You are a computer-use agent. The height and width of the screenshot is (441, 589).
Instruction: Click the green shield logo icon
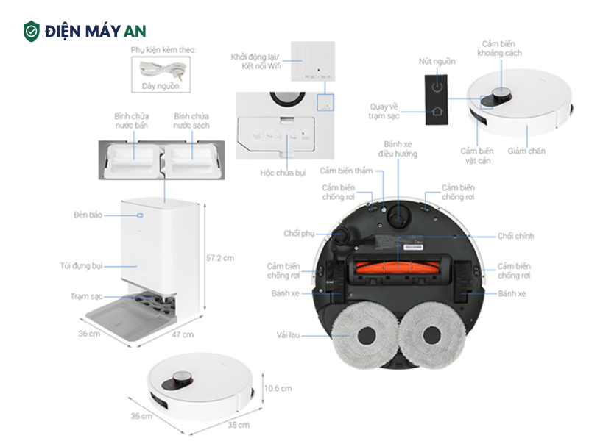(31, 31)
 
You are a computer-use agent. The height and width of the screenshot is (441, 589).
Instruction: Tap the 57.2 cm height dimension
(220, 258)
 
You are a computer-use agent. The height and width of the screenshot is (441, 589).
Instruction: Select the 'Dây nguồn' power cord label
(161, 86)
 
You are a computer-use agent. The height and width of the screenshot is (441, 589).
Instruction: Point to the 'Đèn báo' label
(88, 215)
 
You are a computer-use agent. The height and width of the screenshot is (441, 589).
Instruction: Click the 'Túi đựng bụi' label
(81, 265)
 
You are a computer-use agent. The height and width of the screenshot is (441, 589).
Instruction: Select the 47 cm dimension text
(183, 334)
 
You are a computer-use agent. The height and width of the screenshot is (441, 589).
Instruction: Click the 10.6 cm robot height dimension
(278, 388)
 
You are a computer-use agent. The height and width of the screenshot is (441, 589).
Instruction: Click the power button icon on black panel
(437, 86)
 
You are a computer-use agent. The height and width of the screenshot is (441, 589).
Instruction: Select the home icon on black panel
(437, 112)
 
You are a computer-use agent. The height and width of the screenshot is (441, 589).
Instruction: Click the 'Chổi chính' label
(515, 236)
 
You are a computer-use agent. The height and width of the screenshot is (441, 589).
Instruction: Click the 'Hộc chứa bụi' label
(282, 173)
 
